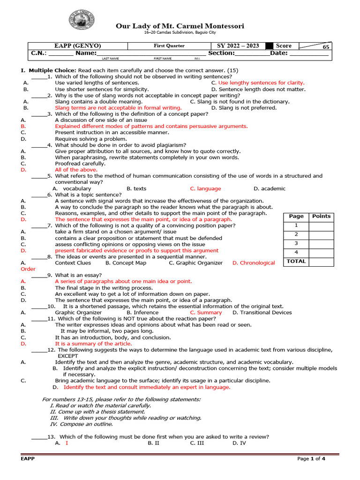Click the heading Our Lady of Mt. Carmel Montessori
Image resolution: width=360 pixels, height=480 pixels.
coord(180,26)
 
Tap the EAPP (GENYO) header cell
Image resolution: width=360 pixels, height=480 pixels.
coord(78,46)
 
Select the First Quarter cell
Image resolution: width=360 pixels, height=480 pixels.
coord(169,46)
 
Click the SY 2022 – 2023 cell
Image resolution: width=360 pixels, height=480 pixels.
coord(238,46)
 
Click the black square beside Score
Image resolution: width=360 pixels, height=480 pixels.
coord(269,46)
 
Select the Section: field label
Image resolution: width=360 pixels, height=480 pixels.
coord(221,53)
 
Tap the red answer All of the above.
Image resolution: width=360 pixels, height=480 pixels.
coord(73,170)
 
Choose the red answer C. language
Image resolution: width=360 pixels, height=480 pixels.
coord(205,188)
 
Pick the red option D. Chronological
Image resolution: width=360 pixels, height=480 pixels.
coord(254,263)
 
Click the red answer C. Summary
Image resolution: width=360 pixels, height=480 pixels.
coord(206,312)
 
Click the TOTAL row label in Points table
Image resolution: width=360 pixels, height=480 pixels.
coord(296,262)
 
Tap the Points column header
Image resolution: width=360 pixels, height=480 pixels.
coord(321,216)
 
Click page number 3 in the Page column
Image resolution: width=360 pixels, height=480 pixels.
coord(296,243)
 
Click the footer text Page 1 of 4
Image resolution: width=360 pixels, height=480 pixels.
coord(311,459)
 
